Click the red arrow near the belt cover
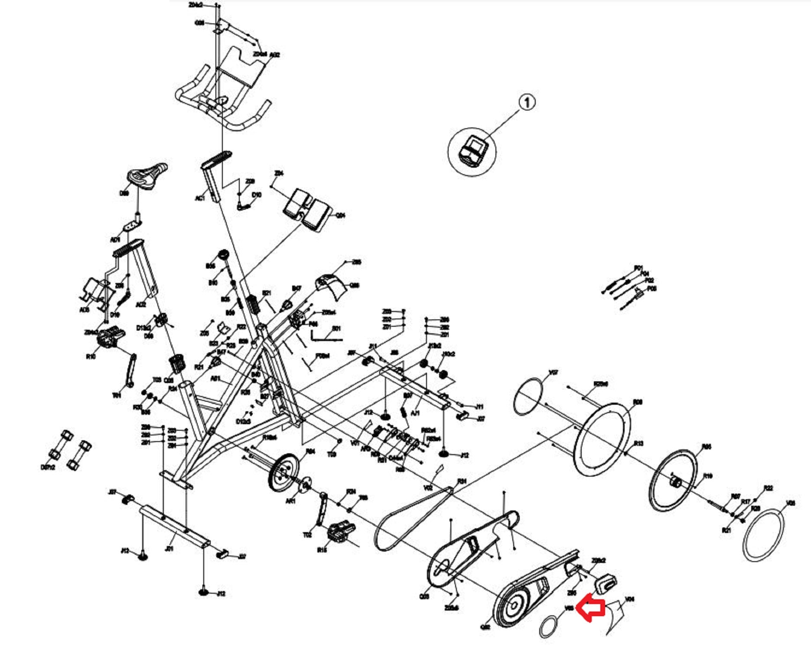[x=590, y=608]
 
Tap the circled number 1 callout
[x=527, y=103]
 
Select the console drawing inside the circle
[x=473, y=152]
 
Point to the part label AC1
[x=199, y=198]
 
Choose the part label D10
[x=257, y=195]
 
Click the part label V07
[x=554, y=373]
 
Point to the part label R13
[x=638, y=443]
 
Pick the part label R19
[x=707, y=476]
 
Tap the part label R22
[x=768, y=488]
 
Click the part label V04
[x=630, y=599]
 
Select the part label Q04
[x=341, y=215]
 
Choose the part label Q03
[x=424, y=597]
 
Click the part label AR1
[x=290, y=501]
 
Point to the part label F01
[x=638, y=268]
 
